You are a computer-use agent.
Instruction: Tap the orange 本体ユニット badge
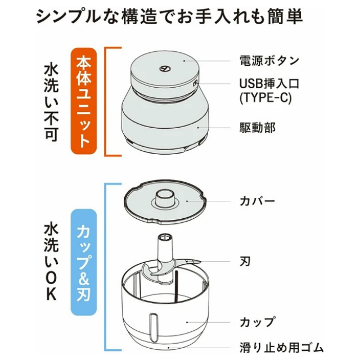[x=83, y=101]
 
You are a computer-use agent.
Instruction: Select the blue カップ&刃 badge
[x=83, y=262]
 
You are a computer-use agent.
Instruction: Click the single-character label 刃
[x=246, y=261]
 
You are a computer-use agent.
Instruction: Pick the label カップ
[x=258, y=322]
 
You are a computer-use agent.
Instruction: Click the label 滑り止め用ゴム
[x=282, y=347]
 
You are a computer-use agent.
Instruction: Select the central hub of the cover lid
[x=166, y=198]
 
